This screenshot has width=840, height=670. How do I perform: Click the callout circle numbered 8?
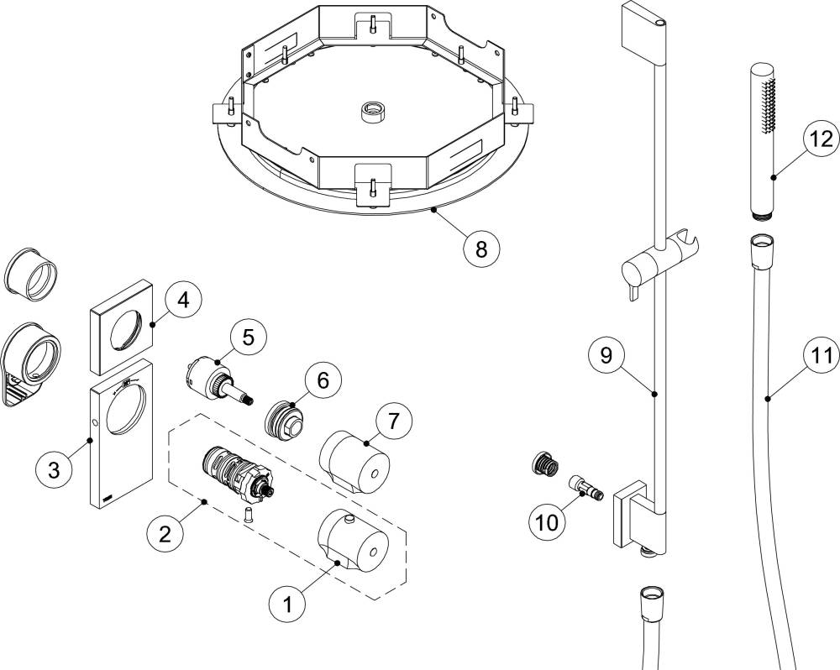point(481,249)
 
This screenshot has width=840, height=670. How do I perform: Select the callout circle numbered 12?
point(822,139)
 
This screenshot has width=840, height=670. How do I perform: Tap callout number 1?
point(287,604)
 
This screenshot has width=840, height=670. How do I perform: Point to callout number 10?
point(547,521)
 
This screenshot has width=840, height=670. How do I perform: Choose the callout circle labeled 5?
point(249,337)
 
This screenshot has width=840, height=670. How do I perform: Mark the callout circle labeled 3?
point(54,471)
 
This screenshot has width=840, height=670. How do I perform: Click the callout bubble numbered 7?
point(394,421)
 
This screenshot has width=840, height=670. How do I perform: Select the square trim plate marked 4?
point(121,327)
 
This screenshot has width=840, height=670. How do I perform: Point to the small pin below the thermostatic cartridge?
point(248,514)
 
